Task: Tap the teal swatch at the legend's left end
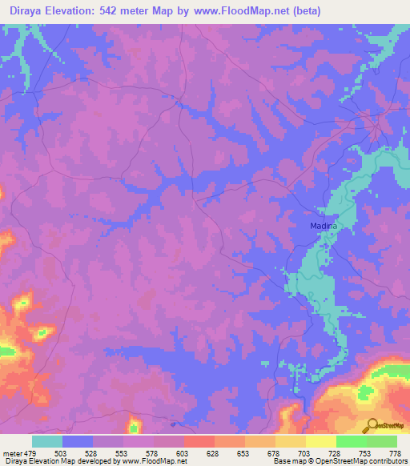click(x=47, y=441)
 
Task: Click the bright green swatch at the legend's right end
click(x=382, y=441)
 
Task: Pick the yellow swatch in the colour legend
click(x=321, y=441)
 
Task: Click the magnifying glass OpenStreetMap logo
click(x=371, y=424)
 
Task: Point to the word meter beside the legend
click(x=12, y=453)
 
